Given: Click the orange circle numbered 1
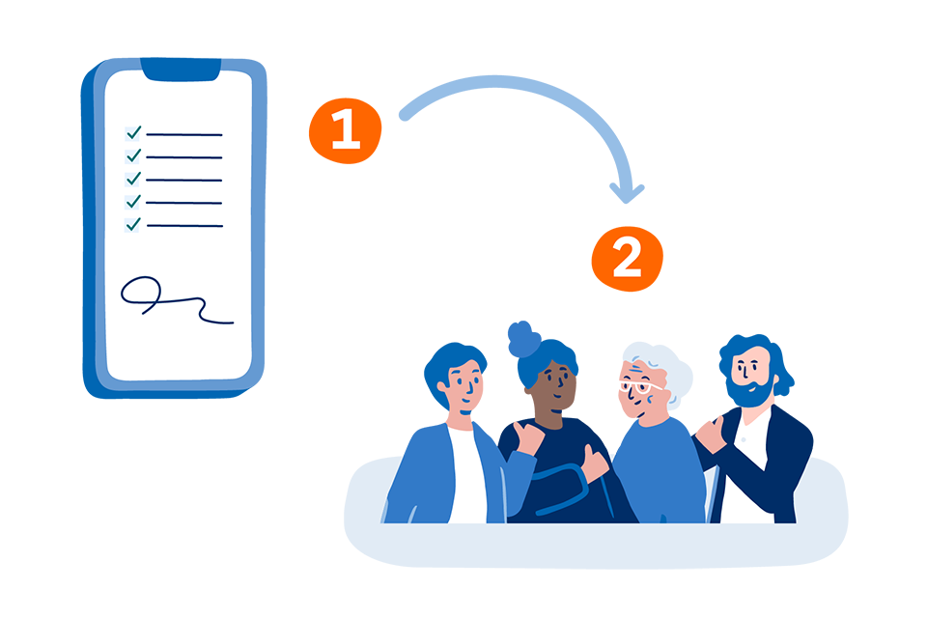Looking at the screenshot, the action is click(346, 130).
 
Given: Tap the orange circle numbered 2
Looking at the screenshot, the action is click(628, 259).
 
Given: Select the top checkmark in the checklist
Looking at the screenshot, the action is click(134, 132).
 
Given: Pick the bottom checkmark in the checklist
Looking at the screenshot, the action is click(134, 224).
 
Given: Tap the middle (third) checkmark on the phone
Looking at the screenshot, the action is click(134, 178).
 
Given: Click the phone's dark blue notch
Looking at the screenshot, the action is click(181, 70).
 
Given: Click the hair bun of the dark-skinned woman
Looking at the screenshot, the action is click(523, 338).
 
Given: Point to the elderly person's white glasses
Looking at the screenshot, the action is click(640, 388).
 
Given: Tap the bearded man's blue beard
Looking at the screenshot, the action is click(749, 393).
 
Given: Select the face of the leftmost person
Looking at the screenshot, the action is click(465, 384).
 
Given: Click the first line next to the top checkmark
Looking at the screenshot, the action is click(184, 135).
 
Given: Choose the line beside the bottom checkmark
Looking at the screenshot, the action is click(185, 226).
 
